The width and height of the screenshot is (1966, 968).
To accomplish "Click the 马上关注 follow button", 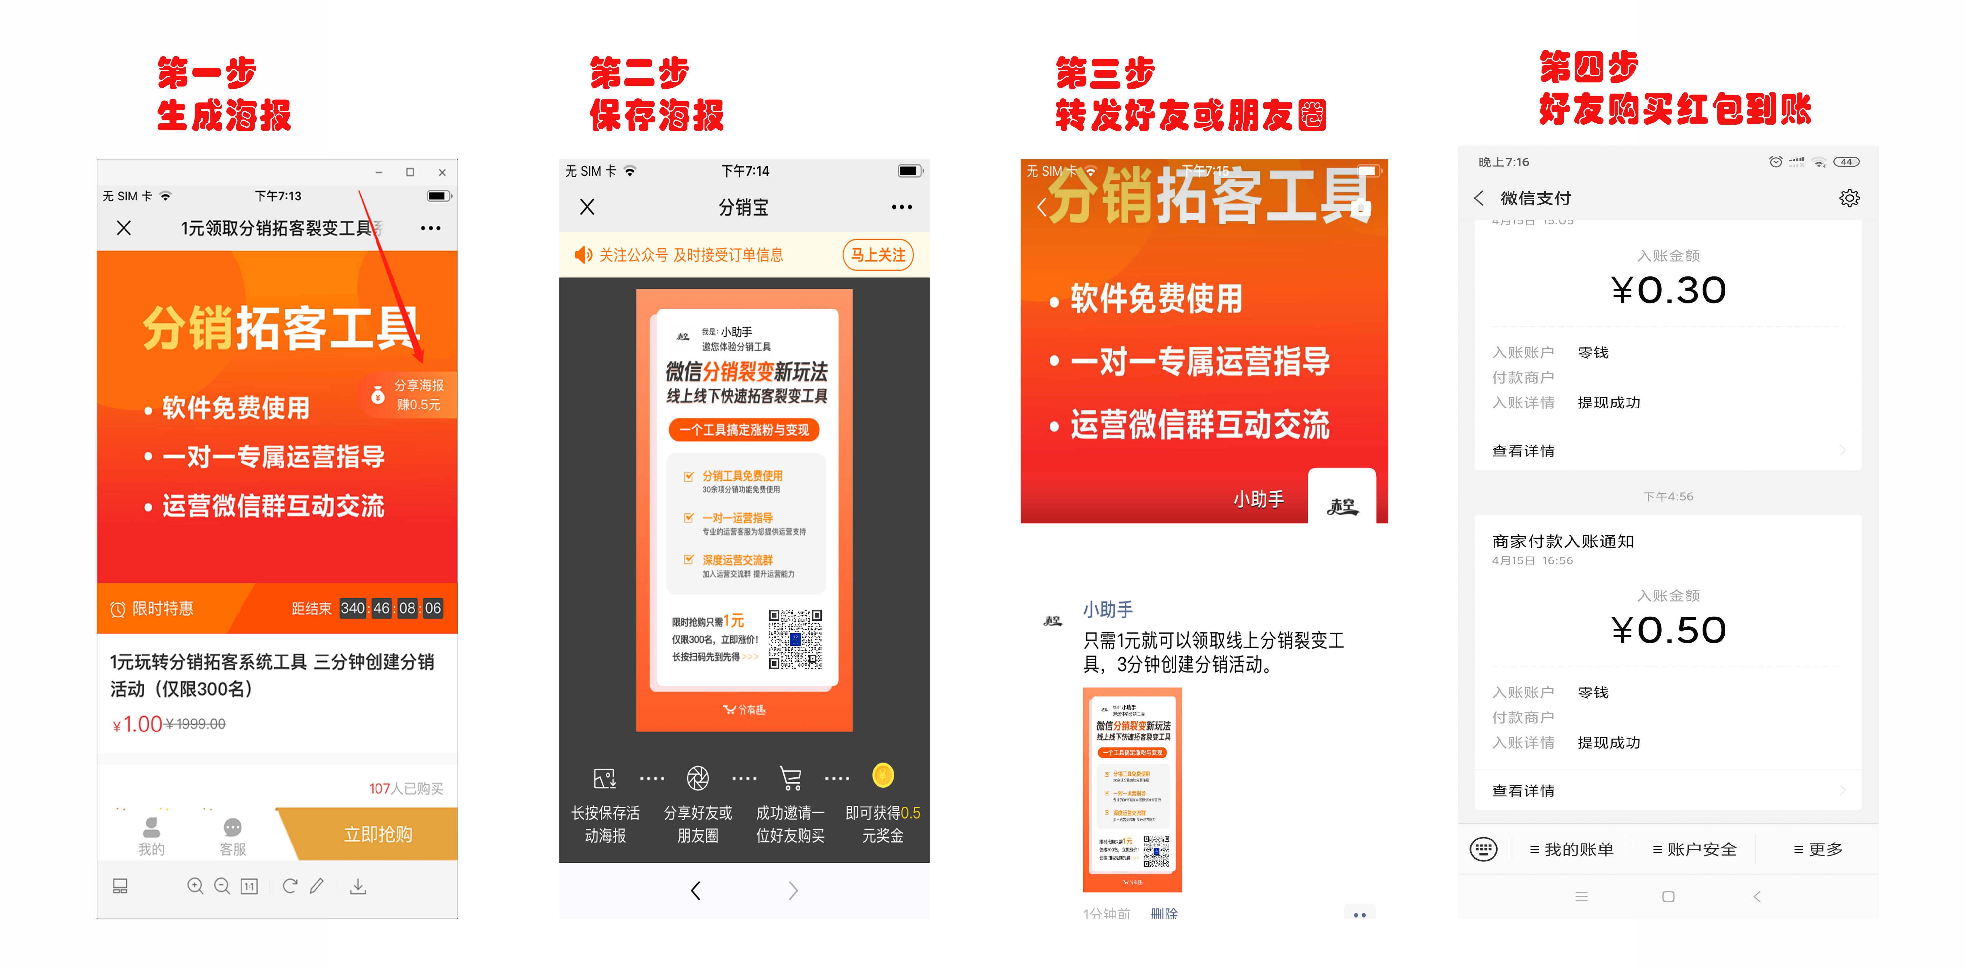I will tap(878, 255).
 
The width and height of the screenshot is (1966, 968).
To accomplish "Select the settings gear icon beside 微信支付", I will tap(1849, 198).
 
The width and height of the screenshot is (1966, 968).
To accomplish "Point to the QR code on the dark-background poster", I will tap(795, 639).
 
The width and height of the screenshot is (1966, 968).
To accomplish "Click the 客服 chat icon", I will tap(233, 828).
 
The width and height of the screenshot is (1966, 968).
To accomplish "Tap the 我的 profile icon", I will tap(151, 828).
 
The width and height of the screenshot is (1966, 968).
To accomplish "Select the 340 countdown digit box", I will tap(353, 608).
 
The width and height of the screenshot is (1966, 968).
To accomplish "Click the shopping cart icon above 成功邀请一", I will tap(791, 778).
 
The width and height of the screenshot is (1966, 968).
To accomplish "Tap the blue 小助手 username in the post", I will tap(1108, 610).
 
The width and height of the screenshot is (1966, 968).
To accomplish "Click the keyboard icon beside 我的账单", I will tap(1484, 849).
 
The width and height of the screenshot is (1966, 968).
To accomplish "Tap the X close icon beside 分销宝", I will tap(587, 207).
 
